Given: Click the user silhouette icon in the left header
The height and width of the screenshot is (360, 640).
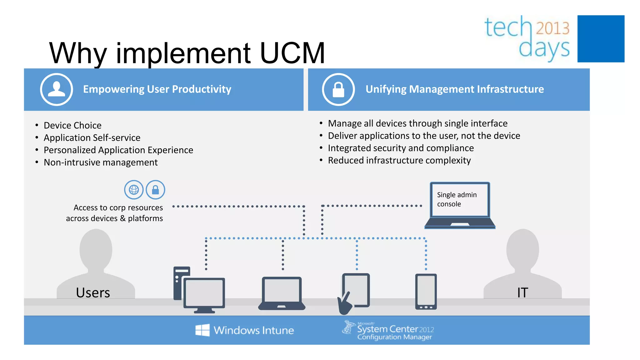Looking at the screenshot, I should point(57,89).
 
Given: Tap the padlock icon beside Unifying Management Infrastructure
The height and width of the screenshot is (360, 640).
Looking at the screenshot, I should point(338,89).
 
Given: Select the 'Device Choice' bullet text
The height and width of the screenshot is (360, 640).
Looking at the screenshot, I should point(72,125).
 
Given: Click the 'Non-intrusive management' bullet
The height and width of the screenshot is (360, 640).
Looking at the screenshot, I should point(101,162).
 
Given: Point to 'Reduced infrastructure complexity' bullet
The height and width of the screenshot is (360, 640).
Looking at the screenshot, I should point(399,160).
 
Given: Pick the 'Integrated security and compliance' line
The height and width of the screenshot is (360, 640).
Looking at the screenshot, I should point(401,148).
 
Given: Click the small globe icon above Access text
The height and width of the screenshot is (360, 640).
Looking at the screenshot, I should point(134,190).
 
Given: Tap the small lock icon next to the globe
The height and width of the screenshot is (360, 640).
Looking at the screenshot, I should point(155,190).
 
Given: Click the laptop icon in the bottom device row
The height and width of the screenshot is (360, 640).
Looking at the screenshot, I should point(282,293).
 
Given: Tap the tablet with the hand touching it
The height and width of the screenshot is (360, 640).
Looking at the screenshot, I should point(355,292).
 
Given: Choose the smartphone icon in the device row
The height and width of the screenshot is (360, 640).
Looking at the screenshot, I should point(426,292).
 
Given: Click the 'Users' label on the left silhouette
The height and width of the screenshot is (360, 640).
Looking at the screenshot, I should point(93,293).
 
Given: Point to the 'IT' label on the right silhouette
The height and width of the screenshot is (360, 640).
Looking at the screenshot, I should point(522,293).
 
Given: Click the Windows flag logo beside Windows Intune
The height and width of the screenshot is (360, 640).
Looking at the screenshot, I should point(202,330).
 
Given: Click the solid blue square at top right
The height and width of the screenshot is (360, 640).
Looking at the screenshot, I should point(601,39).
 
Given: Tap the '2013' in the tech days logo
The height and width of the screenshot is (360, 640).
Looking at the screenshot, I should point(553,28).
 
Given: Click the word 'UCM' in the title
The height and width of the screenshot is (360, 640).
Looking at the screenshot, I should point(292,53).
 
